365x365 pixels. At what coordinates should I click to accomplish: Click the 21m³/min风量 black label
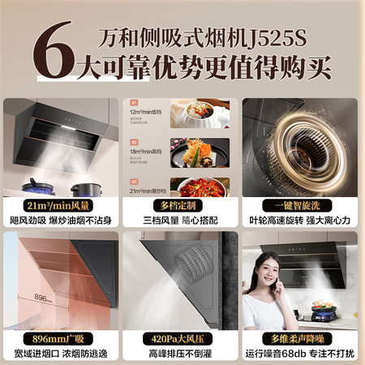(x=60, y=205)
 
